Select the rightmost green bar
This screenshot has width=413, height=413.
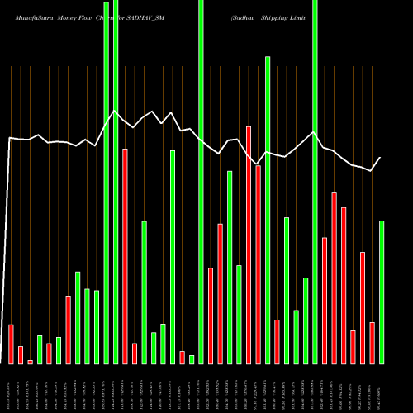pyautogui.click(x=382, y=292)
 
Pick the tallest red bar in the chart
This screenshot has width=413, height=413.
pyautogui.click(x=249, y=244)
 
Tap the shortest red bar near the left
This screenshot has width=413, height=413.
pyautogui.click(x=31, y=362)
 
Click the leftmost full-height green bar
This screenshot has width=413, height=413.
pyautogui.click(x=106, y=182)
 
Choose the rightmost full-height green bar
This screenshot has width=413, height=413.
pyautogui.click(x=315, y=182)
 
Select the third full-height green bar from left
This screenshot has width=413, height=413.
pyautogui.click(x=201, y=182)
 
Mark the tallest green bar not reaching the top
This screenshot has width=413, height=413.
pyautogui.click(x=268, y=210)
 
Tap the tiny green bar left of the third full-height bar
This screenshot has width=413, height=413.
pyautogui.click(x=192, y=359)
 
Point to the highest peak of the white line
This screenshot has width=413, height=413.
pyautogui.click(x=115, y=112)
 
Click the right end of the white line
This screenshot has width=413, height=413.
pyautogui.click(x=381, y=158)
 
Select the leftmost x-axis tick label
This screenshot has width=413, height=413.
pyautogui.click(x=11, y=388)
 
